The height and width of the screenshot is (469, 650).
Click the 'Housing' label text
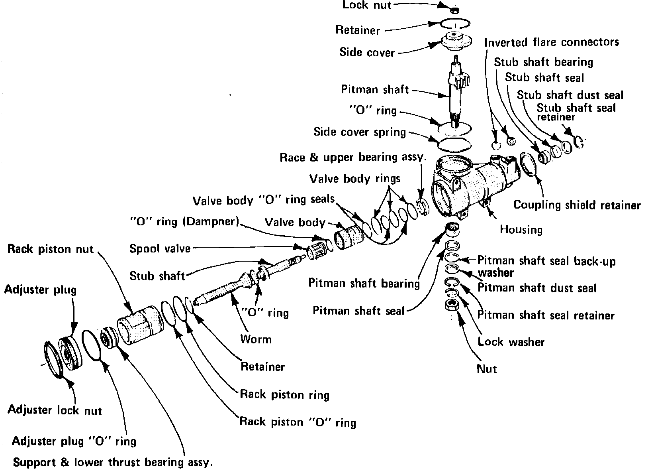tap(521, 230)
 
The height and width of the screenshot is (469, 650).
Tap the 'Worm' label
tap(256, 339)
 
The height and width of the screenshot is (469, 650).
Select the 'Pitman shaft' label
tap(375, 89)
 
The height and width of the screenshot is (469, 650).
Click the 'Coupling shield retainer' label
tap(577, 205)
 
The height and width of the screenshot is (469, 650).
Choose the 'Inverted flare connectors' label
tap(552, 42)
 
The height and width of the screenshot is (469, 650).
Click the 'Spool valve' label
tap(160, 249)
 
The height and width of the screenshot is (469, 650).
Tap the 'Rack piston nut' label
tap(50, 250)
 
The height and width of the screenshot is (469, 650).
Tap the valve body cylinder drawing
tap(347, 238)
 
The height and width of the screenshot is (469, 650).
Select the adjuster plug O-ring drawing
tap(94, 346)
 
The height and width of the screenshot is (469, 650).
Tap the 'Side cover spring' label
tap(359, 132)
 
